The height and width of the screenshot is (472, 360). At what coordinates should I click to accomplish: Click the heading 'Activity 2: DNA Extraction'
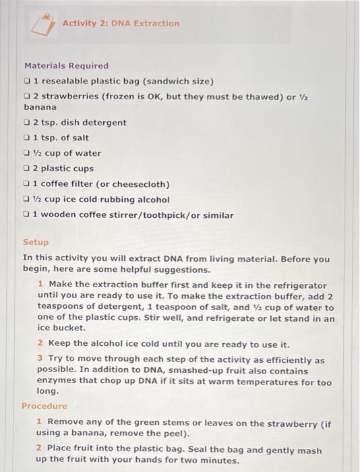pos(121,24)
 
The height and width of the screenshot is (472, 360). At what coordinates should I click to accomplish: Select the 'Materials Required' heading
pos(66,65)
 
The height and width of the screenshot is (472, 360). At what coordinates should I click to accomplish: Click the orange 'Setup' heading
pos(36,242)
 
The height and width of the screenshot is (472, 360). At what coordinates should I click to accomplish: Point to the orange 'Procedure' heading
pos(44,407)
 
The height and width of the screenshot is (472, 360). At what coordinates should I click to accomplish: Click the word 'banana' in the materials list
pos(40,107)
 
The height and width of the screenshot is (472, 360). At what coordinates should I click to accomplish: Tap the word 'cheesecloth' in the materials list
pos(144,184)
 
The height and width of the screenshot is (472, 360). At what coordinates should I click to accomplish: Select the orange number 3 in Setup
pos(40,361)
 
